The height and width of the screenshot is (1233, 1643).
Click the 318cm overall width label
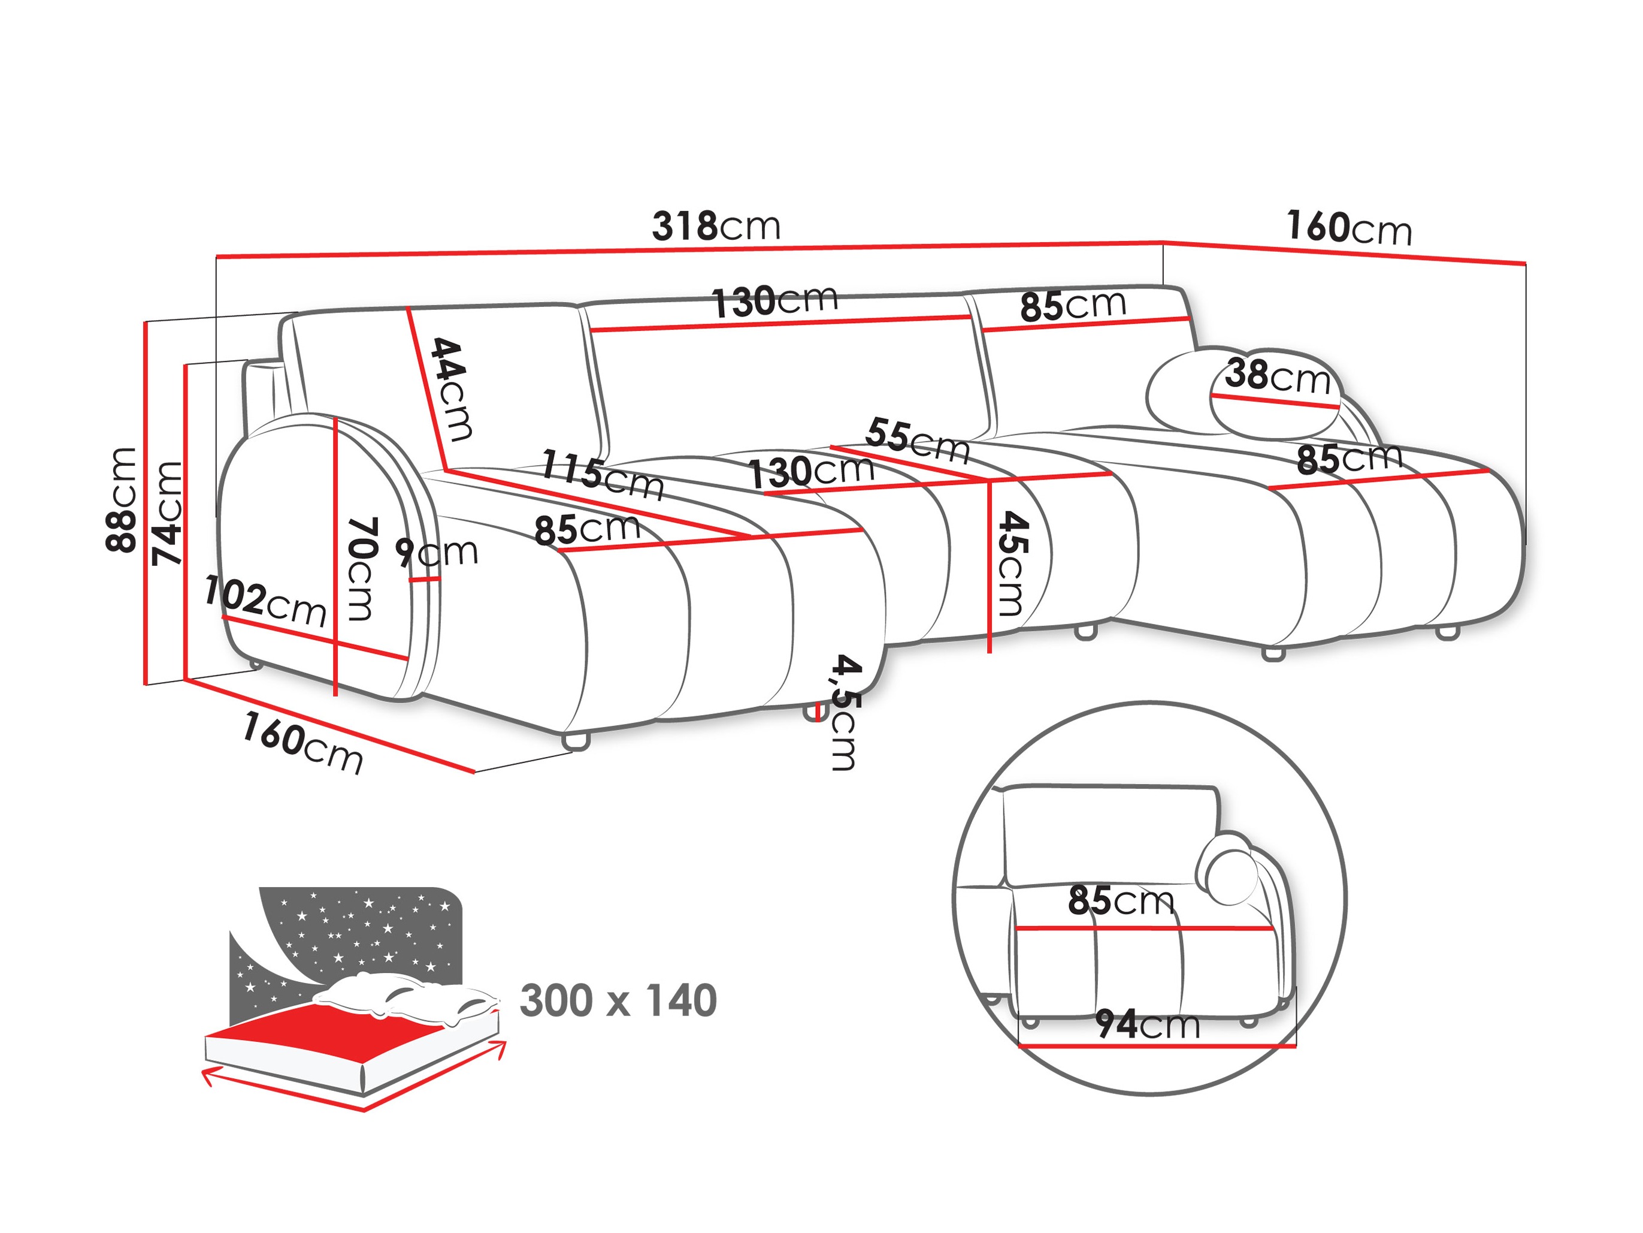pos(716,226)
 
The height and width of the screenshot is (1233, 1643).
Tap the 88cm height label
pos(121,499)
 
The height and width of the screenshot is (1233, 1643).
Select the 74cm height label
pos(167,513)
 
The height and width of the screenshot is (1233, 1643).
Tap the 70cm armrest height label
pos(362,569)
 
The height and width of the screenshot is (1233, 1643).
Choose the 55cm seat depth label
pos(917,439)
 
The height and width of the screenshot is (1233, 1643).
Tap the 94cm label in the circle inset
pos(1148,1024)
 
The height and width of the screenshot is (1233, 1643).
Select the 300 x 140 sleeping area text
pos(618,1000)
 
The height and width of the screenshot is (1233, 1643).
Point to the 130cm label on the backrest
pos(774,301)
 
